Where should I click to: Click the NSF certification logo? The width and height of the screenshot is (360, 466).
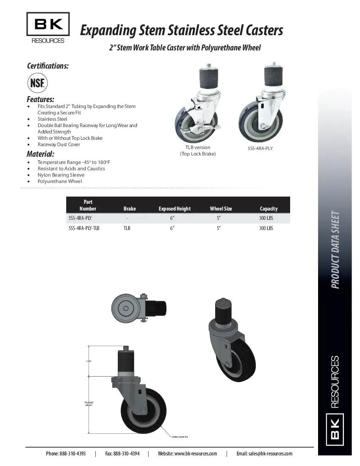(x=38, y=83)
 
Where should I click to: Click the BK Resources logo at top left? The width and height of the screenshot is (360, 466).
(x=48, y=28)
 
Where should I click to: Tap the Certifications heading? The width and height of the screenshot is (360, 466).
(x=48, y=66)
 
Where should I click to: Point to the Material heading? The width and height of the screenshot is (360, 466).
(x=40, y=154)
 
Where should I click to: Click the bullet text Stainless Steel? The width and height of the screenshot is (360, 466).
(x=53, y=119)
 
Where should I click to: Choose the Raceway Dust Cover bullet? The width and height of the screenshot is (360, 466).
(x=59, y=144)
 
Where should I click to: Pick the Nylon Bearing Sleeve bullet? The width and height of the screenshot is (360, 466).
(x=61, y=175)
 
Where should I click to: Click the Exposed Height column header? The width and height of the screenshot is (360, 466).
(x=174, y=208)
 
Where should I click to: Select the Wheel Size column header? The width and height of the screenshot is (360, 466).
(x=221, y=208)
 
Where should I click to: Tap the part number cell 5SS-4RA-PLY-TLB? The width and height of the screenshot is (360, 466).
(x=84, y=228)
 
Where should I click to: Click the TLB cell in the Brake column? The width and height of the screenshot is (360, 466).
(x=127, y=228)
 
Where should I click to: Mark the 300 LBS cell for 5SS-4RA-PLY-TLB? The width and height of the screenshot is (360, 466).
(x=266, y=228)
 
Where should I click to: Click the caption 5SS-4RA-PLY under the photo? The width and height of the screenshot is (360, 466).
(x=260, y=149)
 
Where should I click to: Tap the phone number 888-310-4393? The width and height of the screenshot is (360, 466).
(x=72, y=453)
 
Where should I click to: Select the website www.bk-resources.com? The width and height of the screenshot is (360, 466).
(x=196, y=453)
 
